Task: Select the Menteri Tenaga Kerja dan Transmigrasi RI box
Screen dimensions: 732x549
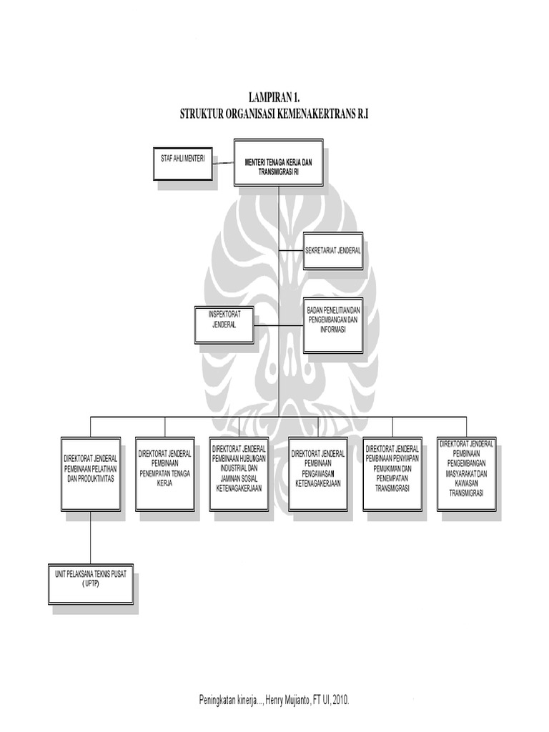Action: pyautogui.click(x=278, y=162)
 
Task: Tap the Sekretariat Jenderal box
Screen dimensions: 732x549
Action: pyautogui.click(x=333, y=251)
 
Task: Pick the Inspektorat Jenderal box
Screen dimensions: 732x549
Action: pyautogui.click(x=224, y=325)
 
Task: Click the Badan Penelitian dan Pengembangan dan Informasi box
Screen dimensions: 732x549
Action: pyautogui.click(x=332, y=325)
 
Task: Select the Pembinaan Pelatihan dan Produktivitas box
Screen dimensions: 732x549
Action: pyautogui.click(x=90, y=473)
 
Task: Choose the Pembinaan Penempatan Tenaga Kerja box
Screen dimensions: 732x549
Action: pyautogui.click(x=164, y=473)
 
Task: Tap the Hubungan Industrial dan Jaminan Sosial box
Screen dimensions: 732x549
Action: pyautogui.click(x=239, y=473)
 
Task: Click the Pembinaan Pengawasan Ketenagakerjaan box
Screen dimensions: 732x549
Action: pyautogui.click(x=317, y=473)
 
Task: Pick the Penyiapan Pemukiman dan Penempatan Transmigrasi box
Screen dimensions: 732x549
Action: pyautogui.click(x=392, y=473)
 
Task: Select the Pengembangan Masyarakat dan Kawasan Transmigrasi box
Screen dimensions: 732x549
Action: pyautogui.click(x=467, y=473)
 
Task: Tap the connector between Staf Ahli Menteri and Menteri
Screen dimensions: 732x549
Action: pyautogui.click(x=225, y=163)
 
